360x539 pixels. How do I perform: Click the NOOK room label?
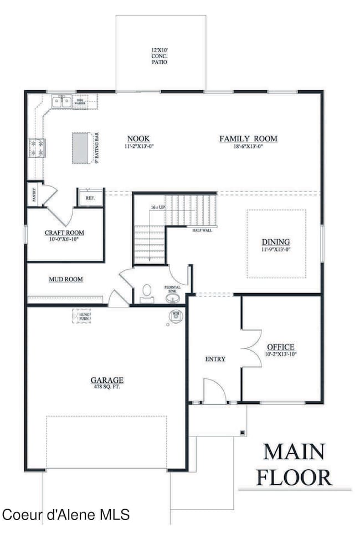pos(138,138)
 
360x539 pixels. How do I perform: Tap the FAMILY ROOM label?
pos(248,138)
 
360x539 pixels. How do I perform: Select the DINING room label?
pos(276,242)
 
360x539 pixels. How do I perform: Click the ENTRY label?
pos(215,359)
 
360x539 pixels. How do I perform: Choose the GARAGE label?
pos(107,380)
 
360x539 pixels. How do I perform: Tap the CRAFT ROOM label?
pos(65,233)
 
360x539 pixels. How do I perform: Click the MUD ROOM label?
pos(66,279)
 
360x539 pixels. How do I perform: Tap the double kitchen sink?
pos(61,101)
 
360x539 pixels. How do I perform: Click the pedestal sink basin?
pos(173,299)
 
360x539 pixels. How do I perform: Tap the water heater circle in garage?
pos(176,315)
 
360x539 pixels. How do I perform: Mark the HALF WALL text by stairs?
pos(202,229)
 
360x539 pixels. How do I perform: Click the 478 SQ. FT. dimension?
pos(107,387)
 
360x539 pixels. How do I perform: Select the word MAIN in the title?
pos(294,451)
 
